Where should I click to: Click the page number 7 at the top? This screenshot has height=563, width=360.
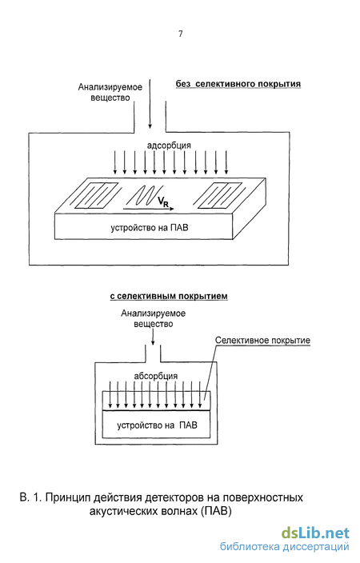point(180,34)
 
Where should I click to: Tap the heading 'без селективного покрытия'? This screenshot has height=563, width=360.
point(238,84)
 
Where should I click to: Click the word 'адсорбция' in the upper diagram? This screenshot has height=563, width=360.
point(169,146)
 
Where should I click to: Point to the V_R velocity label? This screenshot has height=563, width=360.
point(162,202)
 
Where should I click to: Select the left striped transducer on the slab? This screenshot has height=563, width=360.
point(97,195)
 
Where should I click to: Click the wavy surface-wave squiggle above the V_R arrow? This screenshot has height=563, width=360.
point(144,195)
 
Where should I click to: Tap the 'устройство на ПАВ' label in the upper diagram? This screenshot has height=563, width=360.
point(149,228)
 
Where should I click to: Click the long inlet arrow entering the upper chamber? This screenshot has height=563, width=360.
point(150,104)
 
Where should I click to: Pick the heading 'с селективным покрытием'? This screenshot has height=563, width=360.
point(169,296)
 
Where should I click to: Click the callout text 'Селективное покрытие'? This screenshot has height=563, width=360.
point(262,341)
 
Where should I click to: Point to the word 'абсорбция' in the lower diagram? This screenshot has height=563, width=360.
point(156,376)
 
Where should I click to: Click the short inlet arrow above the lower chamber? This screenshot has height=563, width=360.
point(153,337)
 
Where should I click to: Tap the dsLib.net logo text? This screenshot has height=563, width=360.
point(315,533)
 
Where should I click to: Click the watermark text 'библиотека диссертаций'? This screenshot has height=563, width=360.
point(285,546)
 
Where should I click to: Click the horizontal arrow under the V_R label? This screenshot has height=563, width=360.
point(149,208)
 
